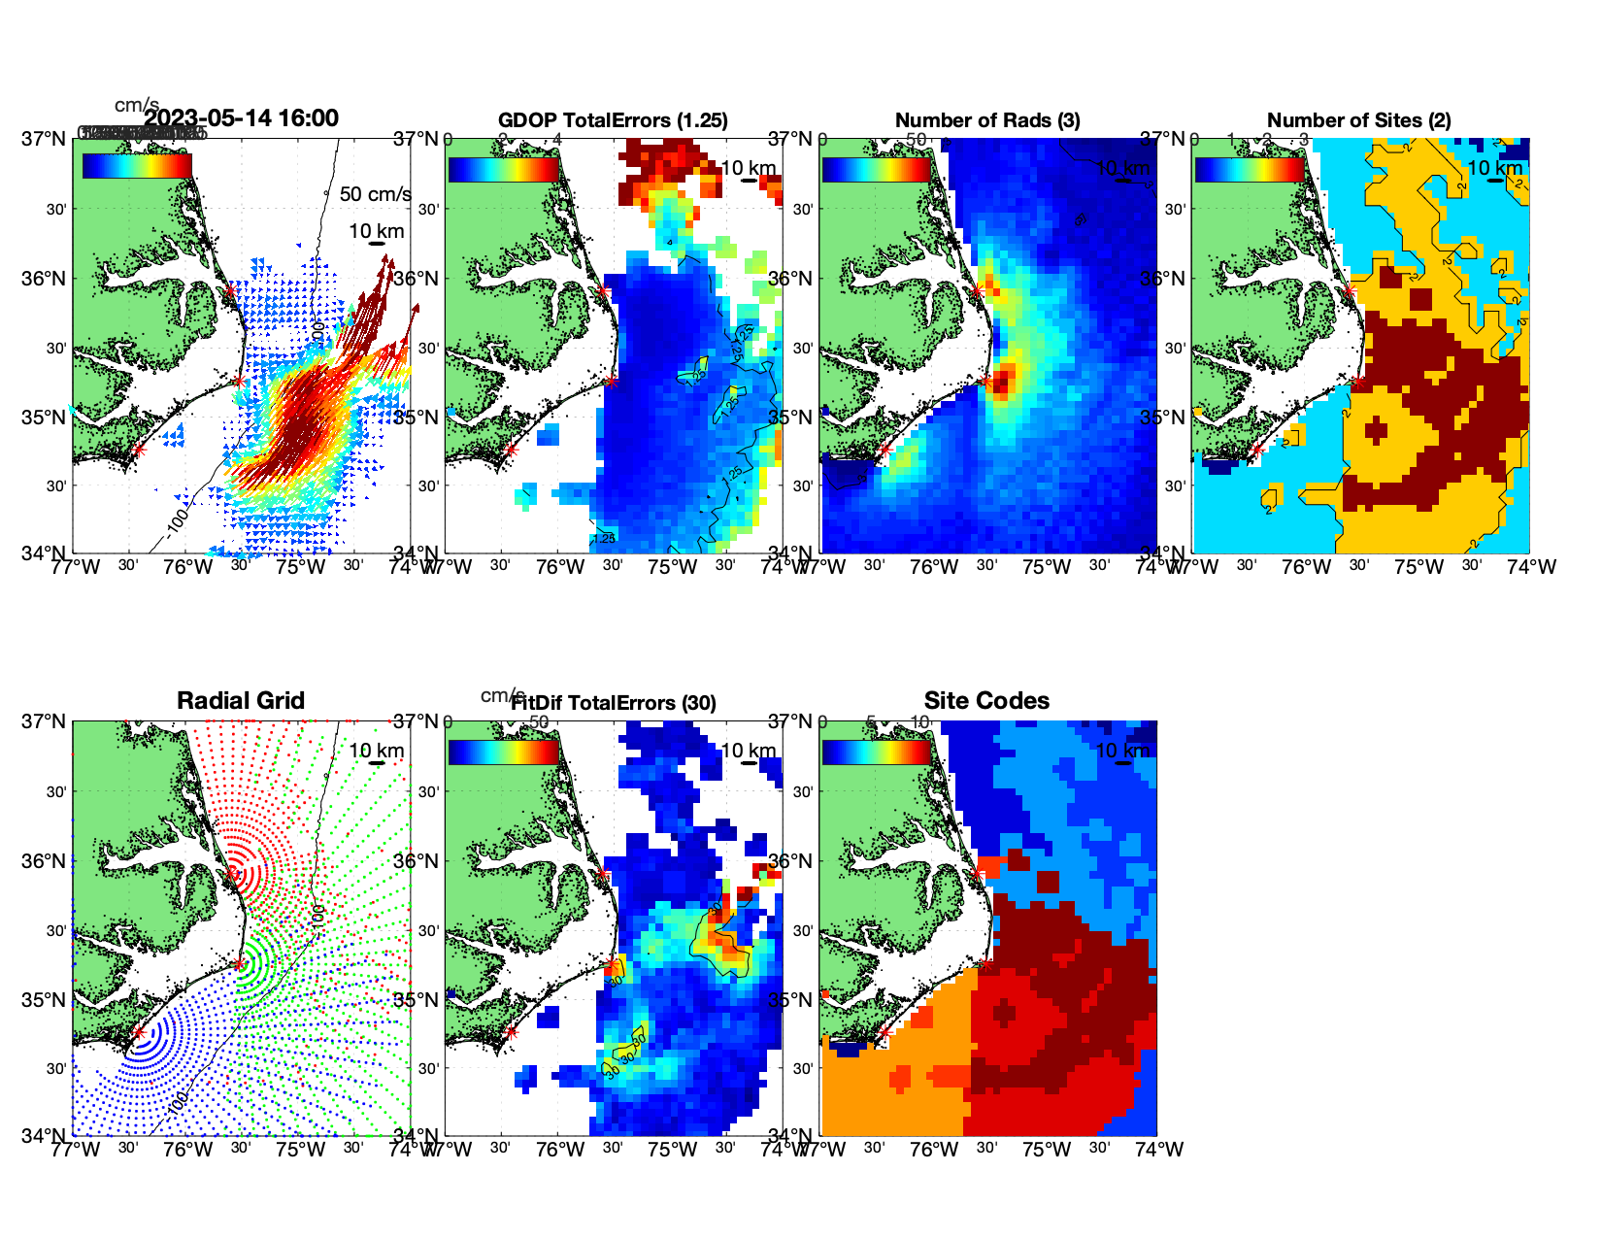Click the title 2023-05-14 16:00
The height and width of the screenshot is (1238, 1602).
click(x=242, y=118)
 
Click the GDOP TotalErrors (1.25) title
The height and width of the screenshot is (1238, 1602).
click(x=613, y=120)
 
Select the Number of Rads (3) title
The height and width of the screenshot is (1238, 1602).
click(x=987, y=120)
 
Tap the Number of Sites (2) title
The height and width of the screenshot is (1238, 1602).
click(x=1359, y=120)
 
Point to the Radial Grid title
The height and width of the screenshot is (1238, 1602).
click(x=241, y=701)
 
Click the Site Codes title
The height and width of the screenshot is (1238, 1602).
click(x=986, y=701)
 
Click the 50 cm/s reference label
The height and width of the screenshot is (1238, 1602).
click(x=375, y=194)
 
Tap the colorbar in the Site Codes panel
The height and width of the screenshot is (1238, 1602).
click(x=877, y=753)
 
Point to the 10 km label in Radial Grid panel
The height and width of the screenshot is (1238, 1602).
click(x=376, y=751)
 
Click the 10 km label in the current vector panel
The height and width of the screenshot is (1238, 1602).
click(x=376, y=231)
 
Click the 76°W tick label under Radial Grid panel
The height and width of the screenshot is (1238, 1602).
click(x=187, y=1150)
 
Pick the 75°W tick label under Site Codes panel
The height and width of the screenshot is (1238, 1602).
click(x=1047, y=1150)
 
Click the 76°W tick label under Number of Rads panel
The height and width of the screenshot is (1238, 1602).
click(x=934, y=567)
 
